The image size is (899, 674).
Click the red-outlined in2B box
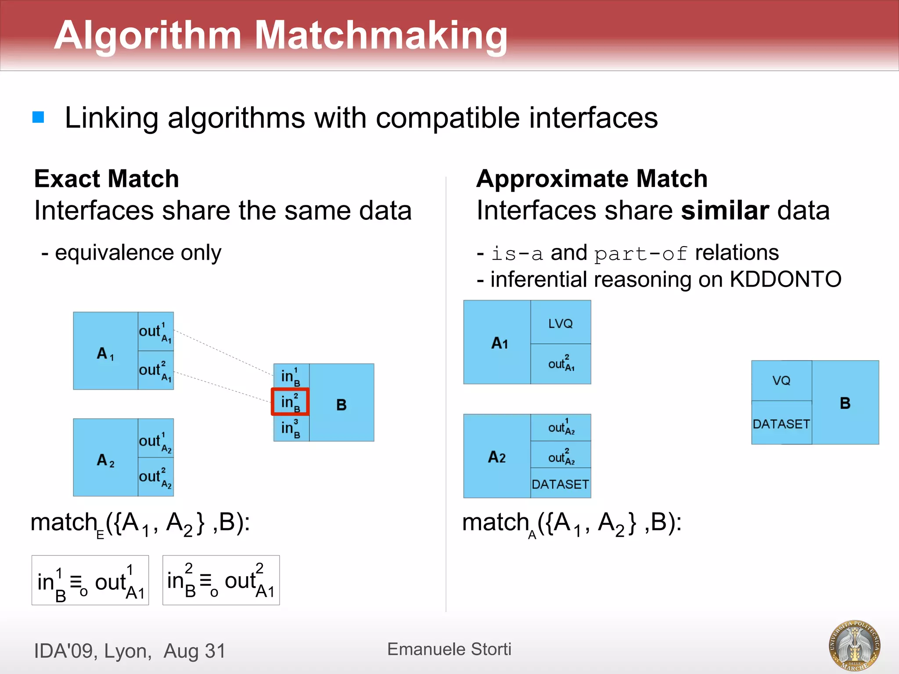(x=290, y=402)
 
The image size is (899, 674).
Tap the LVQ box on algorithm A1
(x=561, y=323)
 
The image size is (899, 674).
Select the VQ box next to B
(x=781, y=380)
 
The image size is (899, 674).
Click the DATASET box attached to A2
(x=561, y=484)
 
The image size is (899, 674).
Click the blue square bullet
(x=38, y=117)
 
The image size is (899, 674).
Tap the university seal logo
(x=854, y=645)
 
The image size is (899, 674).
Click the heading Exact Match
(x=107, y=179)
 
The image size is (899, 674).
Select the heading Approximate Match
(x=592, y=179)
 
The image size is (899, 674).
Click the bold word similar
(x=724, y=210)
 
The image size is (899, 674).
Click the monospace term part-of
(x=640, y=254)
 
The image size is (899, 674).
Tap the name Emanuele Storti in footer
(x=449, y=649)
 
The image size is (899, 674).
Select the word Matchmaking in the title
(x=381, y=35)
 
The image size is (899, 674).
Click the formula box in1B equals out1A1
(x=90, y=580)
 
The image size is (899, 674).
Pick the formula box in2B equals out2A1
(x=221, y=580)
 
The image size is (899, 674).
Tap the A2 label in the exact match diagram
(x=105, y=460)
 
